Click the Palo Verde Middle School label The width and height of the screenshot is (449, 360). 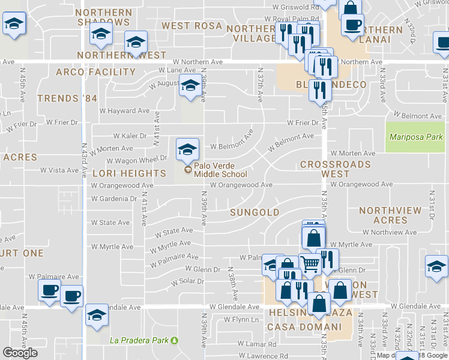click(220, 170)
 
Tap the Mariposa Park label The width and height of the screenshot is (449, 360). click(415, 137)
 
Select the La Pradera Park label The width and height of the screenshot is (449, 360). click(140, 340)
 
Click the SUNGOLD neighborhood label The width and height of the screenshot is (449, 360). click(255, 212)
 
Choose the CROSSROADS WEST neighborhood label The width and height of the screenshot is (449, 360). click(336, 169)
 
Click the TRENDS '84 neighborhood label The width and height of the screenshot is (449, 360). click(66, 98)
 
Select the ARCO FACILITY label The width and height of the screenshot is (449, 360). click(95, 72)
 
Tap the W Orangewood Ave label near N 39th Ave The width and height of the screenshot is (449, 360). click(241, 185)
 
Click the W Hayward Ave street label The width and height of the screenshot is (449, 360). click(124, 111)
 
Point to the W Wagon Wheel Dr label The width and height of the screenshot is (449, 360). click(137, 160)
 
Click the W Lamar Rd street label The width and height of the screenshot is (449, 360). click(256, 344)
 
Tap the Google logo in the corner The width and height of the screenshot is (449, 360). click(20, 353)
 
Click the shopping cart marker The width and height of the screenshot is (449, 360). click(310, 263)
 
